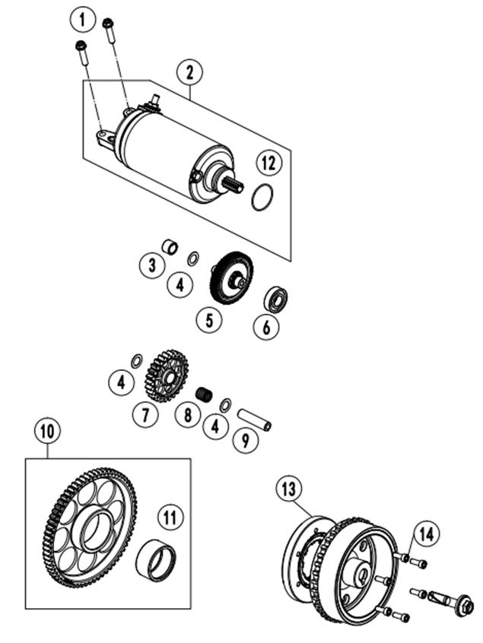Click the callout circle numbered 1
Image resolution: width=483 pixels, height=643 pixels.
pos(82,19)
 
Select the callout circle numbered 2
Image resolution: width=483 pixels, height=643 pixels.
pos(189,72)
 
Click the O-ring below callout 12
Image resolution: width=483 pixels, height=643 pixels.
pos(262,198)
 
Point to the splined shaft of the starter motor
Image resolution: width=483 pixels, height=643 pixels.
pos(233,186)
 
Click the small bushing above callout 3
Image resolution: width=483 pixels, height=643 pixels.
pos(170,247)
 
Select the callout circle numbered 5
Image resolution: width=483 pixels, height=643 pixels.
pos(208,320)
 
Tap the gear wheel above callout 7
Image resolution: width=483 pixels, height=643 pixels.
pos(167,375)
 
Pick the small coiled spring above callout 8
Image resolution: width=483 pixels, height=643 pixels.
pos(205,394)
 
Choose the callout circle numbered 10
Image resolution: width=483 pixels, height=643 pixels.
pos(48,432)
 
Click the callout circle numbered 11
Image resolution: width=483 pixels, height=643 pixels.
pos(170,518)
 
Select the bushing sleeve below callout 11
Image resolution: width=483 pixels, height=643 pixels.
pos(157,559)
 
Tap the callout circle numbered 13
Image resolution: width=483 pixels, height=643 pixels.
pos(288,489)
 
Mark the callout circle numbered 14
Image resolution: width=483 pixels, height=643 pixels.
pos(426,534)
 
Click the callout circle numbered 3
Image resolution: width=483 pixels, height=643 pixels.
pos(152,265)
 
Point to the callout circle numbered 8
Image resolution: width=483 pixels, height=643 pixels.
pos(188,415)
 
